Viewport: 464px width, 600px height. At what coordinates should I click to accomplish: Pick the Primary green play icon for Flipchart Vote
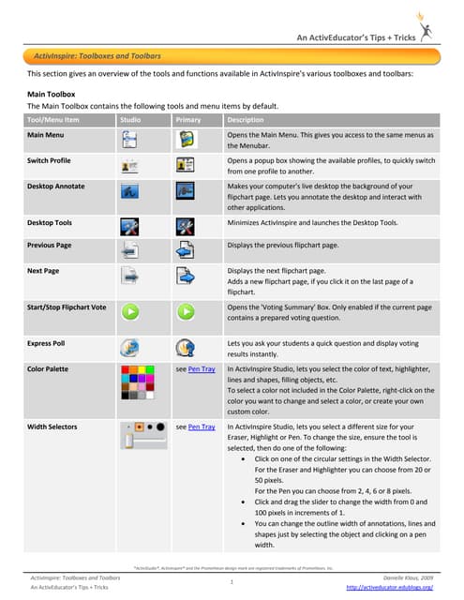pos(185,310)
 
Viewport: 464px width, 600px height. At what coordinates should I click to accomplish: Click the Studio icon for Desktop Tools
pos(132,225)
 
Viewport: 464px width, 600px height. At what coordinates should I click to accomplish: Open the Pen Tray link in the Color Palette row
pos(202,370)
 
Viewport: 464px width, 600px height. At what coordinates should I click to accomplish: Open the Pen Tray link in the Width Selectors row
pos(202,427)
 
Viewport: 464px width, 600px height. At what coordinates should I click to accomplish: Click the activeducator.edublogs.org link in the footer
pos(389,587)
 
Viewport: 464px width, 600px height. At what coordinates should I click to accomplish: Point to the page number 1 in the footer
pos(232,582)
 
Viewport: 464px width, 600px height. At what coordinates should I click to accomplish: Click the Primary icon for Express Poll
pos(185,346)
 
